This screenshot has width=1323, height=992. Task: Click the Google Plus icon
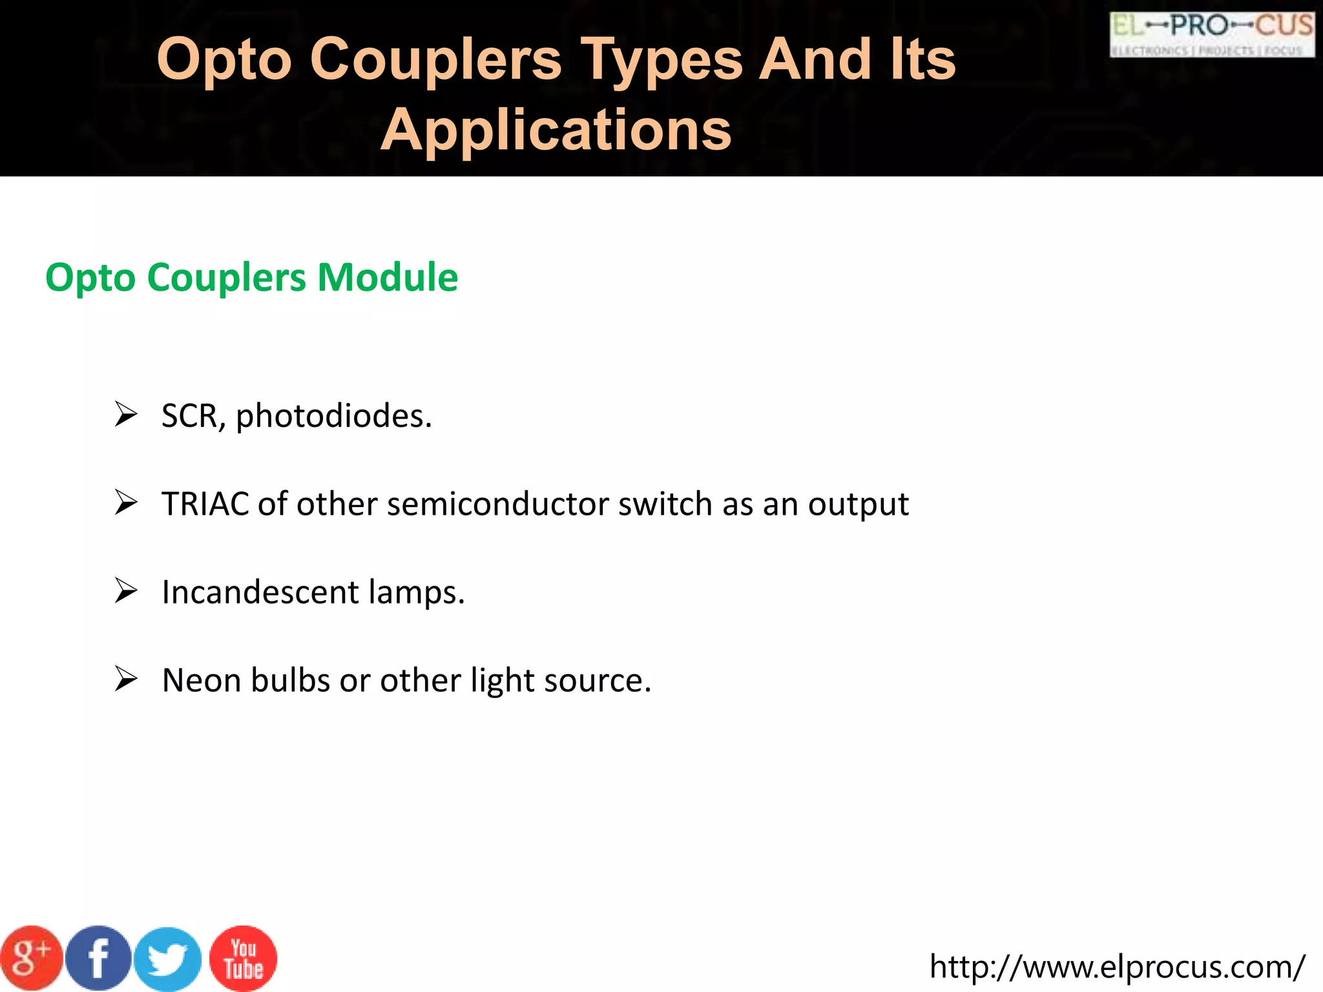[30, 958]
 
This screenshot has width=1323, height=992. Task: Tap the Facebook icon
[99, 958]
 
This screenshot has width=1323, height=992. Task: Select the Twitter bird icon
[168, 959]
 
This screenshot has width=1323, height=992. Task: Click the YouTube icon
[244, 958]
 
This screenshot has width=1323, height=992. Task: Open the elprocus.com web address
[1117, 966]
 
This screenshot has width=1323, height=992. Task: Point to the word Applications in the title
[556, 130]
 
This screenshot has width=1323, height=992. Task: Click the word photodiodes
[333, 416]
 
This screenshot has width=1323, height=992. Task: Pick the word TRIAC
[205, 504]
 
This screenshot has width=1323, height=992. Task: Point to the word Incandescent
[260, 592]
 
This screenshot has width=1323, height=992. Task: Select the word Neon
[202, 680]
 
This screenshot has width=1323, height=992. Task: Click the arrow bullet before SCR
[126, 414]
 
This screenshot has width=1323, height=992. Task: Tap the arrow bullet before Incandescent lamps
[126, 590]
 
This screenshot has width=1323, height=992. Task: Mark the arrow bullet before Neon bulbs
[126, 679]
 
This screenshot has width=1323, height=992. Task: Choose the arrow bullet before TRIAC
[126, 502]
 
